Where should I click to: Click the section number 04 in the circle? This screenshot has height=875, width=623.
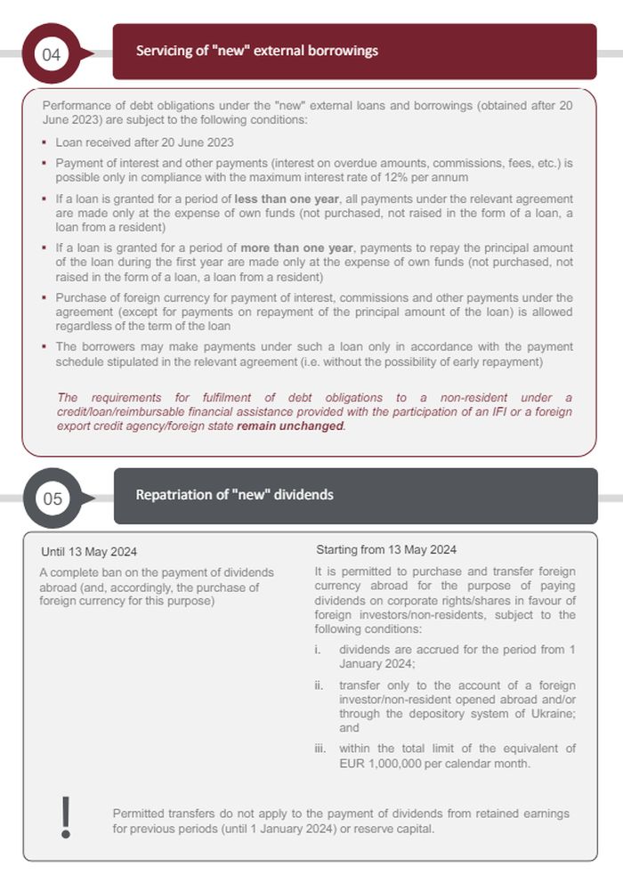pos(52,55)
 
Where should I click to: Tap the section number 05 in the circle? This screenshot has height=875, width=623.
pos(53,498)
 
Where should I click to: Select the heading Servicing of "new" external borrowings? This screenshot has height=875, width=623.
pos(257,51)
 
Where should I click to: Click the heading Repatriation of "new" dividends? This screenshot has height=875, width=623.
pos(234,494)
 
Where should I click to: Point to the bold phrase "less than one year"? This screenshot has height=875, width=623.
pos(287,198)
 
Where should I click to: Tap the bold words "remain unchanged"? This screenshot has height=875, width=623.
pos(289,425)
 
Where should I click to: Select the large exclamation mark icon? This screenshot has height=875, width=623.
pos(65,816)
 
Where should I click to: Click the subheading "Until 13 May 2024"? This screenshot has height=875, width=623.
pos(89,552)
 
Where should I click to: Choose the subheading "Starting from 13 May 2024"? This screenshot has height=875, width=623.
pos(386,549)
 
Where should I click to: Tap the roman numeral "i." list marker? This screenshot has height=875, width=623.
pos(318,650)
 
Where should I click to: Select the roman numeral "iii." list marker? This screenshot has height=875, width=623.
pos(320,749)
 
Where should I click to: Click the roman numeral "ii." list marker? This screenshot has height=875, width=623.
pos(319,685)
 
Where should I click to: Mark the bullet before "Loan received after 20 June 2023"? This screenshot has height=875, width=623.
pos(44,142)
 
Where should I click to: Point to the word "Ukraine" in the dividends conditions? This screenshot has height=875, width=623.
pos(554,715)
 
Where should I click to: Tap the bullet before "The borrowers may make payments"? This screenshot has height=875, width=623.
pos(44,346)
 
